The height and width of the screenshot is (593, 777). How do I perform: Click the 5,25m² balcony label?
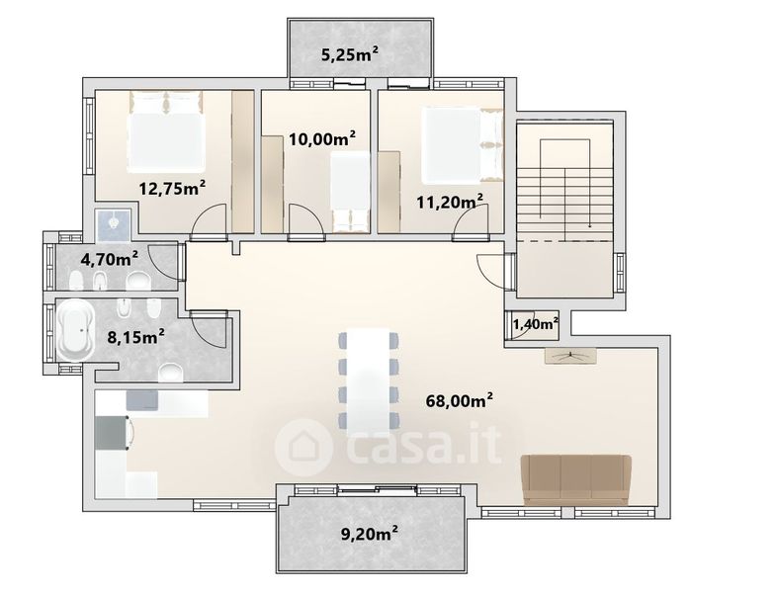350,54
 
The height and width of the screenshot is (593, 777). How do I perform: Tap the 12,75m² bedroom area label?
172,188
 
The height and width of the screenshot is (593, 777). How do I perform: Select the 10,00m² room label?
322,138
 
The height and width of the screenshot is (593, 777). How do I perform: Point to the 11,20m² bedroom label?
450,202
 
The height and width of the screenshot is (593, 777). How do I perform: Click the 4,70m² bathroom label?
109,259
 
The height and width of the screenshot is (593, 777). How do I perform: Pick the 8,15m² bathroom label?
136,337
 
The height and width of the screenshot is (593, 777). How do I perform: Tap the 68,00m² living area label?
460,400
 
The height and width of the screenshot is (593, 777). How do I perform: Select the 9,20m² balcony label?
370,534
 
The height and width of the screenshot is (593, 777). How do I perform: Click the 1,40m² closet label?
536,324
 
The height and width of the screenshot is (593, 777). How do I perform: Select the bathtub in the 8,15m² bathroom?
75,330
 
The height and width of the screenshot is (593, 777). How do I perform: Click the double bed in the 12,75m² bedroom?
166,131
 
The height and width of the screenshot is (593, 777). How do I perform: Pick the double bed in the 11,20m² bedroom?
462,145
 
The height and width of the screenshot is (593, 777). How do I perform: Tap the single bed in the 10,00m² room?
350,192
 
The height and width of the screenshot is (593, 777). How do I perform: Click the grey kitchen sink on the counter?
142,400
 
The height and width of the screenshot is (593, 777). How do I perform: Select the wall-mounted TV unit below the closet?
570,355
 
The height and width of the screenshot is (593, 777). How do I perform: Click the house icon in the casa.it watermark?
303,448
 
